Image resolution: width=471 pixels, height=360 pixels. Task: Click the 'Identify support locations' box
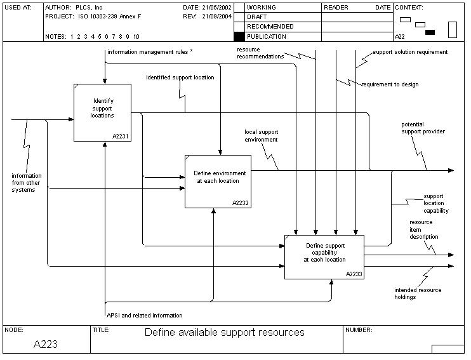coord(103,112)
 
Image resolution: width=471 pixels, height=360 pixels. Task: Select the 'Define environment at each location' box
coord(217,180)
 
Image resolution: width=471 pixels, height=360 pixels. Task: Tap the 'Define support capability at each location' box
coord(324,256)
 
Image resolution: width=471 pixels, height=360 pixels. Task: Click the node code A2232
coord(241,203)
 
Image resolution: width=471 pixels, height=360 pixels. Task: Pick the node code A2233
coord(354,274)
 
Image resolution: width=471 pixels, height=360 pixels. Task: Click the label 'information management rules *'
coord(150,52)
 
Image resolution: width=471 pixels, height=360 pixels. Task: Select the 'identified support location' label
coord(180,77)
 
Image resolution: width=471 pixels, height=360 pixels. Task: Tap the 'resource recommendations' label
coord(260,53)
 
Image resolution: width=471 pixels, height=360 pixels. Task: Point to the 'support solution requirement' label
coord(410,52)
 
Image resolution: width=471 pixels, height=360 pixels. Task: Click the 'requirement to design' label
coord(390,84)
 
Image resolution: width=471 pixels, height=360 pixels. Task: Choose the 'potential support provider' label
coord(423,128)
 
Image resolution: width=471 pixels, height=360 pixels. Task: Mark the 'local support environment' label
coord(261,136)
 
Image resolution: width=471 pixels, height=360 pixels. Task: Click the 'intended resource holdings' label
coord(418,293)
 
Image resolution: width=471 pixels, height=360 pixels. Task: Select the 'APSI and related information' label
coord(145,316)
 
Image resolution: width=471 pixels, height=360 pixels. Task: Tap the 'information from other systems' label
coord(27,183)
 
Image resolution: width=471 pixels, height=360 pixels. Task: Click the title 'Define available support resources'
coord(224,333)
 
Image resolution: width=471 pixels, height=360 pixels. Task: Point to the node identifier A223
coord(46,345)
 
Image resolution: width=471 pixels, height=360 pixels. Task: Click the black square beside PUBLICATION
coord(239,37)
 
